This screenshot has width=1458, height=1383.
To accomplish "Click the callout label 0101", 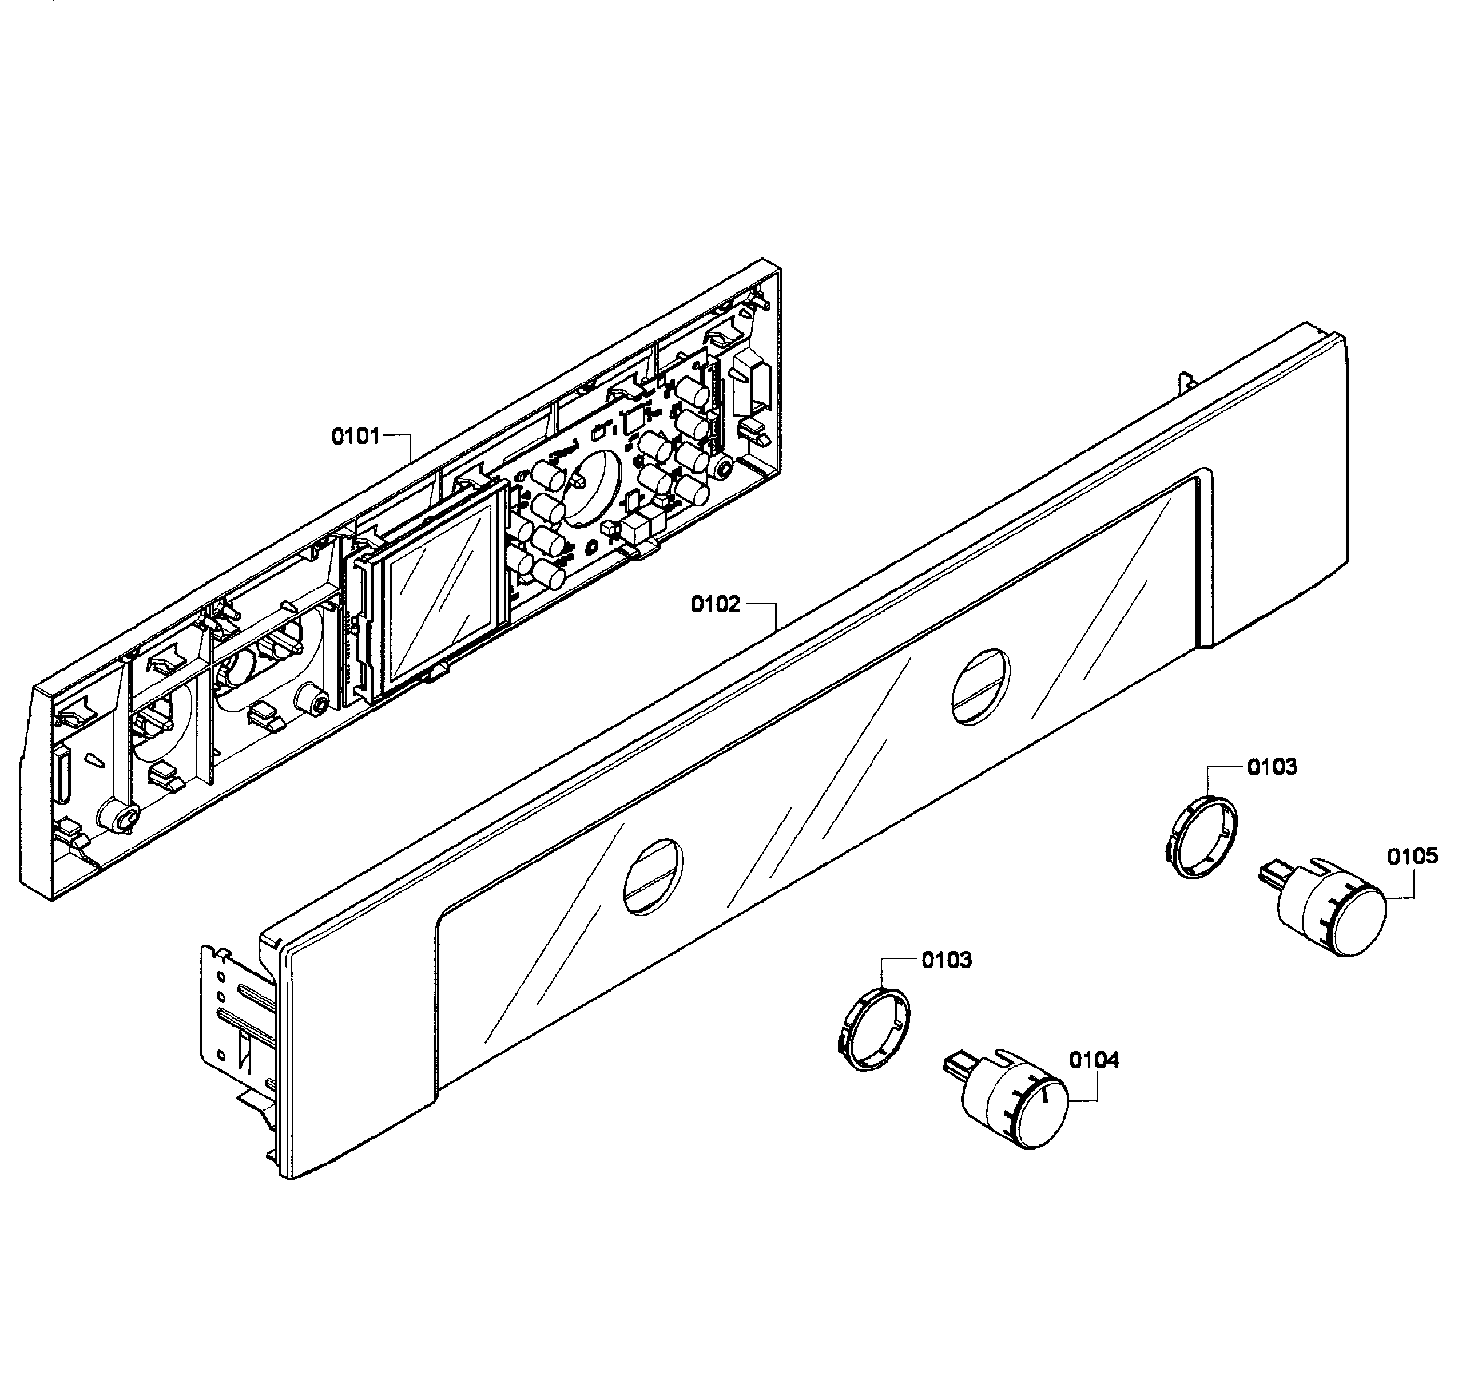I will tap(355, 437).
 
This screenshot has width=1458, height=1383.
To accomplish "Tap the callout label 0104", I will tap(1094, 1060).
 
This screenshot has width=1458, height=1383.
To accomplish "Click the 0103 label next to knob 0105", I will tap(1272, 767).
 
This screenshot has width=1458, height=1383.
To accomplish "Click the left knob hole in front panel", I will tap(653, 877).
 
